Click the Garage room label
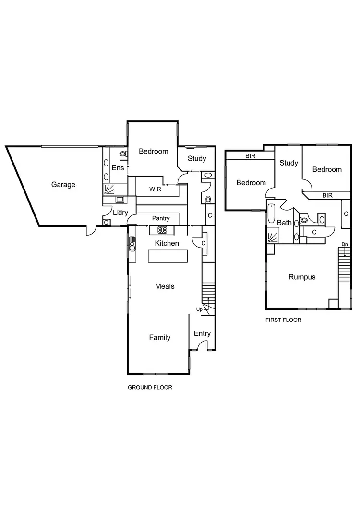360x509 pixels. tap(63, 184)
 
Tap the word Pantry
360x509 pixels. tap(161, 218)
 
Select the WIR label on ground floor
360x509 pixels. tap(155, 189)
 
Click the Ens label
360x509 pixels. tap(118, 168)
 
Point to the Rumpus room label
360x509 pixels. tap(302, 277)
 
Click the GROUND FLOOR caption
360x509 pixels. tap(150, 387)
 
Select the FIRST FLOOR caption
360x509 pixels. tap(283, 320)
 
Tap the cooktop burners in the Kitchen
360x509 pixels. tap(162, 229)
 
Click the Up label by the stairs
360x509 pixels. tap(199, 309)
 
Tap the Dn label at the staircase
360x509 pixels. tap(344, 245)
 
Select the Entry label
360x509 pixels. tap(202, 334)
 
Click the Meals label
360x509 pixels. tap(165, 286)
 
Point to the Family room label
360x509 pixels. tap(159, 337)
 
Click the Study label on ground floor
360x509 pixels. tap(197, 159)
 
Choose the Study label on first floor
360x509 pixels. tap(288, 163)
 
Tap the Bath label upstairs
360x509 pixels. tap(284, 223)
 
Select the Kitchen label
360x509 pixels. tap(167, 243)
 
